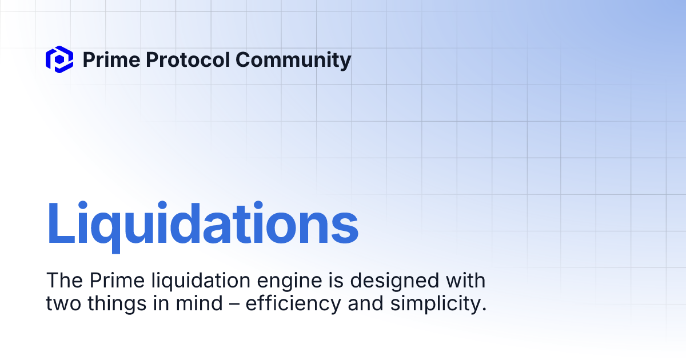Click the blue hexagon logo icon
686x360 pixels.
pyautogui.click(x=59, y=59)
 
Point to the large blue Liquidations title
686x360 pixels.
pyautogui.click(x=202, y=225)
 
